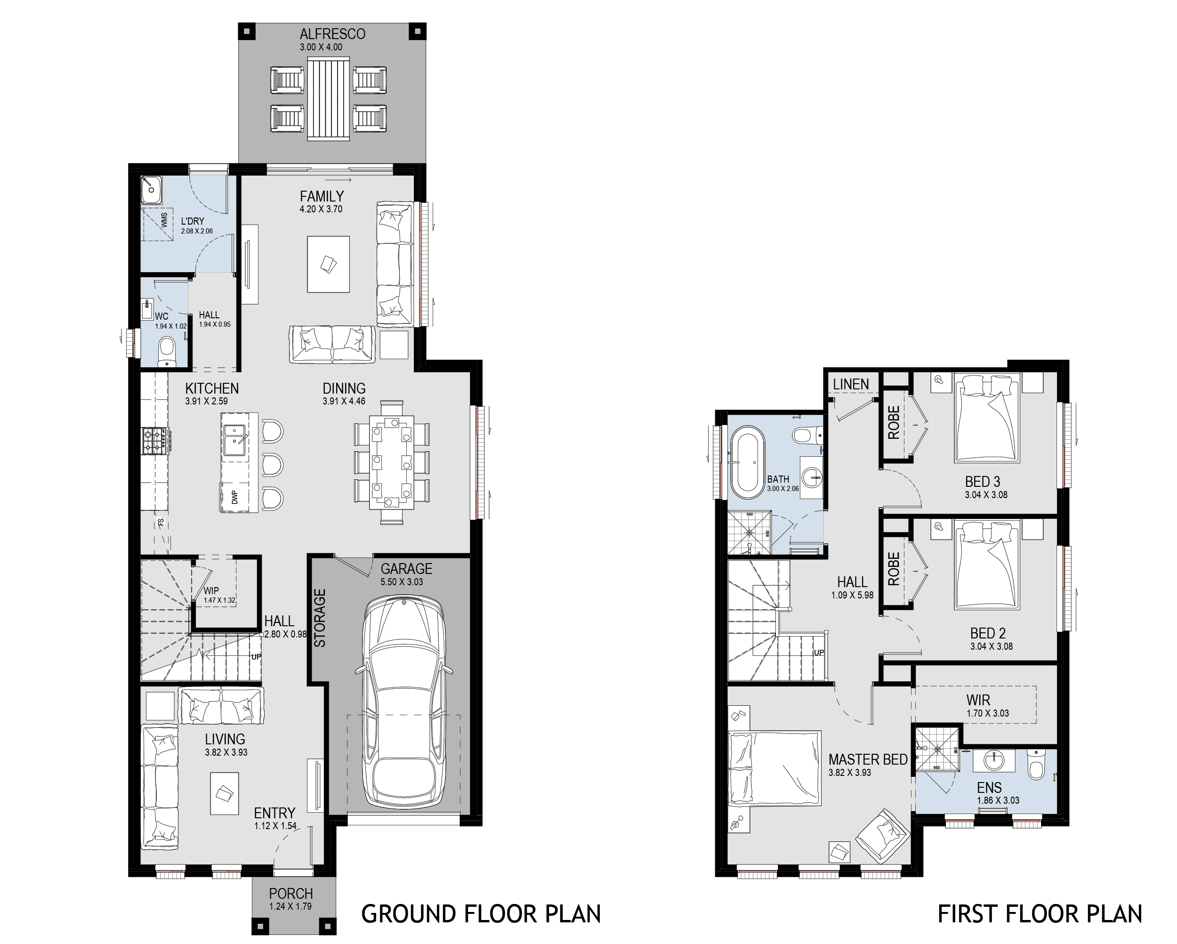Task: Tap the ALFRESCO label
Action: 332,34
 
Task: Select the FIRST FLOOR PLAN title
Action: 1040,914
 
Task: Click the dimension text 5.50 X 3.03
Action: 402,582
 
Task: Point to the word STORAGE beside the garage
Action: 320,618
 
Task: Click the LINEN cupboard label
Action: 851,384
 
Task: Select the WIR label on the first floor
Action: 978,700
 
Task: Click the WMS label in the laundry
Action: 164,220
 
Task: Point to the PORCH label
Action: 290,894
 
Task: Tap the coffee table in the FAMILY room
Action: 328,264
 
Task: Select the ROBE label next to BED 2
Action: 893,568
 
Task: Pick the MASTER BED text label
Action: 868,759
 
